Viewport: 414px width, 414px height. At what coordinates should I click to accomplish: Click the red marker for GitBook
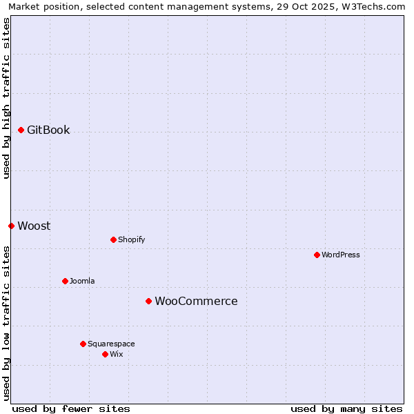coord(21,130)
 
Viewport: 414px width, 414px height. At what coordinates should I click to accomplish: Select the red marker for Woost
coord(11,226)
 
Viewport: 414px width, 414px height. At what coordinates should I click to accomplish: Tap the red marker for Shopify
coord(113,239)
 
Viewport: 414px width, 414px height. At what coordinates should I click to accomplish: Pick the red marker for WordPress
coord(317,255)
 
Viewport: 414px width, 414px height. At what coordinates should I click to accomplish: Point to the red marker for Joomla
coord(65,281)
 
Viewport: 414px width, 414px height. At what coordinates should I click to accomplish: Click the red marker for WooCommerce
coord(148,301)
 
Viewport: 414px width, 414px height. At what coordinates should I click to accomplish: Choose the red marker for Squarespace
coord(83,344)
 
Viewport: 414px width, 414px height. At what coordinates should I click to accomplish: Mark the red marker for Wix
coord(105,354)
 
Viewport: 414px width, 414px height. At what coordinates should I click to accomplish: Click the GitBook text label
coord(48,130)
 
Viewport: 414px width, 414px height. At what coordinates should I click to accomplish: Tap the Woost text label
coord(34,226)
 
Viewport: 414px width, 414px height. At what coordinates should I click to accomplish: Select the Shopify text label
coord(131,239)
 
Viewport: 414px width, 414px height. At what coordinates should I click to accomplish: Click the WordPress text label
coord(341,255)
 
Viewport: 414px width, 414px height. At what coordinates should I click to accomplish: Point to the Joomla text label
coord(82,281)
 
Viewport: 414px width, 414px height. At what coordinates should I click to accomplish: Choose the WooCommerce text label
coord(196,301)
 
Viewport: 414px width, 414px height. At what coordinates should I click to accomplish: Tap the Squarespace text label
coord(111,344)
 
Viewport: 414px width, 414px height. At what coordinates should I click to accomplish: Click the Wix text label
coord(116,354)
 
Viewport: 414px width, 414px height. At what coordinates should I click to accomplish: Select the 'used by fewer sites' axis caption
coord(71,408)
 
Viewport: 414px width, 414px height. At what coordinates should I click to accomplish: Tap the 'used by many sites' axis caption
coord(346,408)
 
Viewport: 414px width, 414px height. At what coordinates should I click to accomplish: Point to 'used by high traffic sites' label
coord(6,98)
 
